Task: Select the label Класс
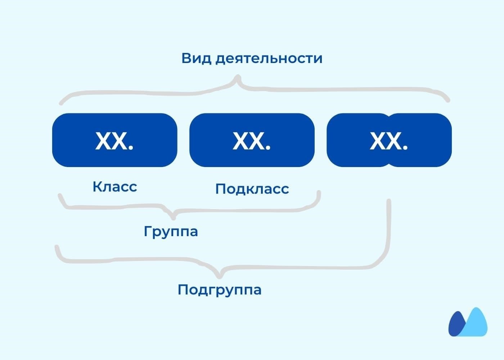pos(115,187)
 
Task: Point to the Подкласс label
pos(252,189)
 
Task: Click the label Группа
pos(171,231)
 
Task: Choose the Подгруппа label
pos(219,290)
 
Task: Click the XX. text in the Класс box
pos(114,141)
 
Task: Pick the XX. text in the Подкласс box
pos(251,141)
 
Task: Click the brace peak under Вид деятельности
pos(237,77)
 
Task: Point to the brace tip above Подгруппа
pos(219,276)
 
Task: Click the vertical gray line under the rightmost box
pos(388,230)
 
